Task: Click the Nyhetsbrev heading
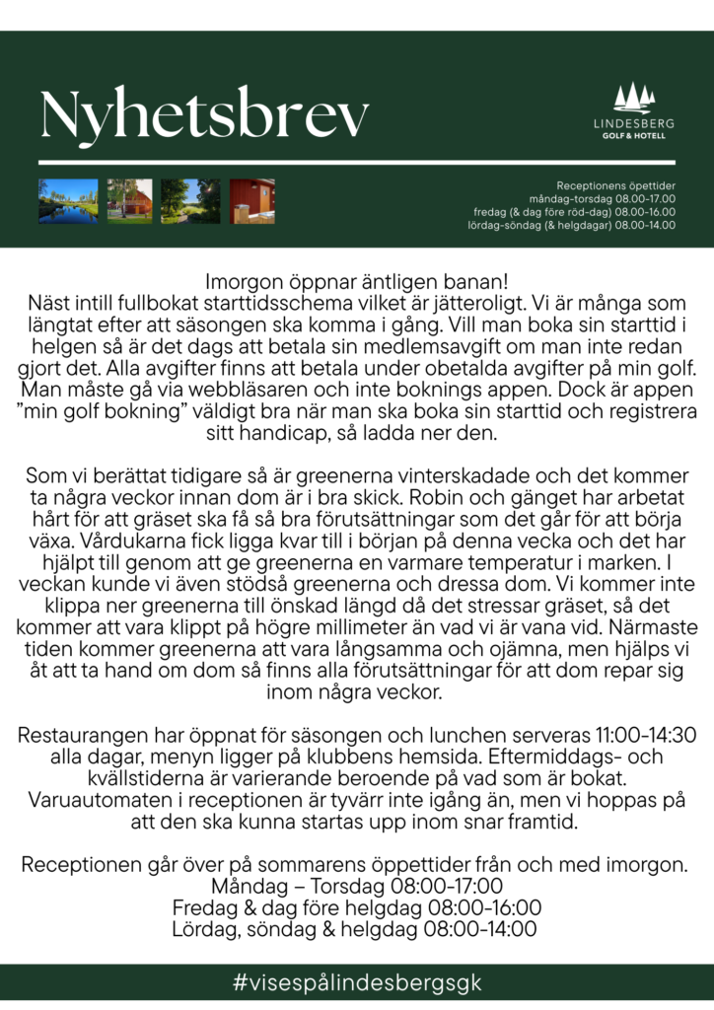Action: coord(204,115)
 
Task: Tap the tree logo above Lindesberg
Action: coord(633,98)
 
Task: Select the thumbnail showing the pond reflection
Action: coord(68,201)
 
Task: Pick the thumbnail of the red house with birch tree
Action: coord(129,201)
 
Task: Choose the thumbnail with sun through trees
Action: coord(190,201)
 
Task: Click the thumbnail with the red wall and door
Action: coord(251,201)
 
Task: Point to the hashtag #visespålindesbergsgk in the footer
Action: coord(357,983)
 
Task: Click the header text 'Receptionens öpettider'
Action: coord(615,185)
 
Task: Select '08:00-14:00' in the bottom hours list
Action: coord(480,929)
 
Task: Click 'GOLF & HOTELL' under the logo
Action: coord(633,136)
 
